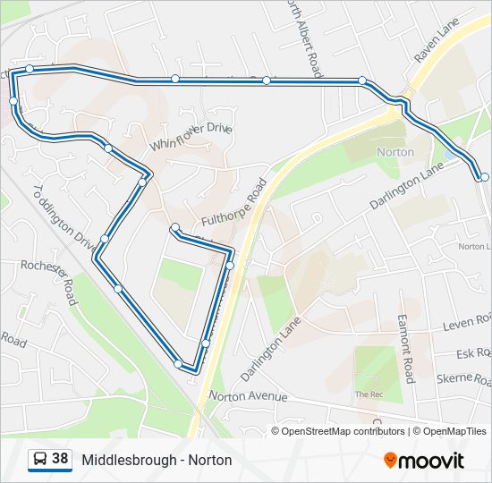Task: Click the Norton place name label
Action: click(395, 152)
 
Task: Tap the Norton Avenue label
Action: click(248, 395)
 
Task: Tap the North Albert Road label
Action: click(304, 36)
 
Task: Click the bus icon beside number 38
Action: click(40, 460)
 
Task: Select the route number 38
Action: click(60, 459)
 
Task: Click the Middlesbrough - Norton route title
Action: click(157, 460)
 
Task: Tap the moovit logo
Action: click(424, 460)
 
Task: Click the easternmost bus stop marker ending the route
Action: click(484, 177)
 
